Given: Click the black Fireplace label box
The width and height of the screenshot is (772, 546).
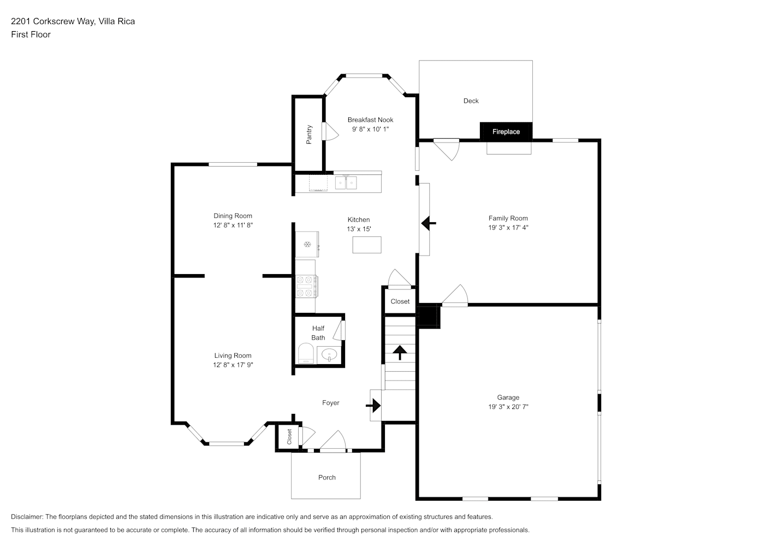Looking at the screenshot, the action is click(x=506, y=132).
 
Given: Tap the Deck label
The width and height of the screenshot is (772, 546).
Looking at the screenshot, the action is click(x=471, y=100).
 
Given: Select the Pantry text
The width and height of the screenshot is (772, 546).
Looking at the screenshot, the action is click(x=309, y=134).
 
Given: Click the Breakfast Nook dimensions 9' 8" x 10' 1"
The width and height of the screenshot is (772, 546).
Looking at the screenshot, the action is click(x=370, y=129).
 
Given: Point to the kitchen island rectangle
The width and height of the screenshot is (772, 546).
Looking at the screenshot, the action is click(x=367, y=245).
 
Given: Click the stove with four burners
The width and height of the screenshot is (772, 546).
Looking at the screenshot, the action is click(x=307, y=286).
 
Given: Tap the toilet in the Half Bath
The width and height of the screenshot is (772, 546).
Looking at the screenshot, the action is click(x=306, y=353).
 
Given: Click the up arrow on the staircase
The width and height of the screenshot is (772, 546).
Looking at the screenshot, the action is click(x=400, y=352).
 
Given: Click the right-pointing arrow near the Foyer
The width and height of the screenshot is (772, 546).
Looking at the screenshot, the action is click(x=373, y=405).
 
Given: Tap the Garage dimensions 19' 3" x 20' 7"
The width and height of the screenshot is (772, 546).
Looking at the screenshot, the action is click(x=508, y=407).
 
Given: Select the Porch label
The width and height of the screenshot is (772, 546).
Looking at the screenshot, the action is click(x=326, y=477).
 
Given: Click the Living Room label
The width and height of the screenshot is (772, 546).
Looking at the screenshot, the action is click(x=233, y=355).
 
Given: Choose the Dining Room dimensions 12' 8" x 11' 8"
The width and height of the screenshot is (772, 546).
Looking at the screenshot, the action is click(x=233, y=225).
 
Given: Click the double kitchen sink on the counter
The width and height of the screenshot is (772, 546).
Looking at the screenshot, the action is click(x=346, y=183).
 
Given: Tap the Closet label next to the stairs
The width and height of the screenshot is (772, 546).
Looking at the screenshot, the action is click(x=400, y=301).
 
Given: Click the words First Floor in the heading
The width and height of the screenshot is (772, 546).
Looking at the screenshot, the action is click(x=31, y=34).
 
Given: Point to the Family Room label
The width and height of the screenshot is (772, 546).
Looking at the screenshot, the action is click(x=508, y=218).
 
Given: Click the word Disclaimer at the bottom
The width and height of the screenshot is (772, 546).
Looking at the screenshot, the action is click(x=27, y=517).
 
